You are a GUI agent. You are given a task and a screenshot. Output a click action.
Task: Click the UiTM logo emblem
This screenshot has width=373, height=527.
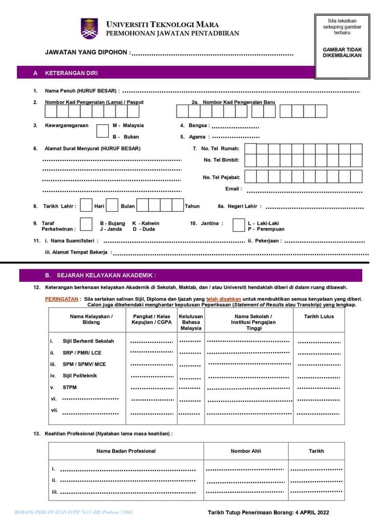coord(89,28)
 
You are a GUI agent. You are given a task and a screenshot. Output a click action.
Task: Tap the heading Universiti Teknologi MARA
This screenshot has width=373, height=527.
coord(162,24)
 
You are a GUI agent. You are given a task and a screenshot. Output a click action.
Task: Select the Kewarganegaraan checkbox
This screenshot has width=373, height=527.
coord(103,130)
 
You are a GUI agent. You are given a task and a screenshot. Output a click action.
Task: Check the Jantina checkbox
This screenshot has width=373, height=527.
coord(238,225)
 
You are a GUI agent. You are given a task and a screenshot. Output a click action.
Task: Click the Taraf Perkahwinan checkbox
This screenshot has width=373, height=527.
coord(85,225)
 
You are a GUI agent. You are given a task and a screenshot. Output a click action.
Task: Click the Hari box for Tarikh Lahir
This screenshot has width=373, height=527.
coord(86,206)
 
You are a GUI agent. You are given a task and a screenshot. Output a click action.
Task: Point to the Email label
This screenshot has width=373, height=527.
coord(233,189)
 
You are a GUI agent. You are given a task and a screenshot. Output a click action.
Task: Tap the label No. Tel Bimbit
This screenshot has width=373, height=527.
coord(221,160)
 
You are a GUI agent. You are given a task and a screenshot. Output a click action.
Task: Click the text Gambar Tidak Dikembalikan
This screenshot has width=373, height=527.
coord(342,52)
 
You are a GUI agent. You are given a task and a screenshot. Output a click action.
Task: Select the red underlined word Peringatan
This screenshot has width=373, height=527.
coord(62,299)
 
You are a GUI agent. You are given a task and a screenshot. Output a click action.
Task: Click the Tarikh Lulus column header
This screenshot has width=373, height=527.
coord(319,316)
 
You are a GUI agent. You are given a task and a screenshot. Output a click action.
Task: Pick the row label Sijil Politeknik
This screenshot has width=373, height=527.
coord(80,376)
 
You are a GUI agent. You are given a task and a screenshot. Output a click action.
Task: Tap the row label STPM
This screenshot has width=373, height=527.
coord(69,387)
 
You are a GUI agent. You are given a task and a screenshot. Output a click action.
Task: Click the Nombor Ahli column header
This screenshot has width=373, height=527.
coord(246,451)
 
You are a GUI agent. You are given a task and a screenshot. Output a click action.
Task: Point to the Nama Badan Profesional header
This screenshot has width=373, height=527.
coord(126,451)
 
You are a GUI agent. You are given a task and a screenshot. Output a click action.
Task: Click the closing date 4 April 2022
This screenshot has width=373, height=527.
coord(309,513)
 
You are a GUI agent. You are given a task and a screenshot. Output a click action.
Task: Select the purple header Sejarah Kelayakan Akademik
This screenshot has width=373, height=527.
coord(101,275)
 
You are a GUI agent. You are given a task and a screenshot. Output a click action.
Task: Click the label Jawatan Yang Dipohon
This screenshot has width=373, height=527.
coord(88,52)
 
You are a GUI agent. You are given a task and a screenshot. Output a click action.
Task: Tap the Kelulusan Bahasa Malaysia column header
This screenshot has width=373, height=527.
coord(191,322)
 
